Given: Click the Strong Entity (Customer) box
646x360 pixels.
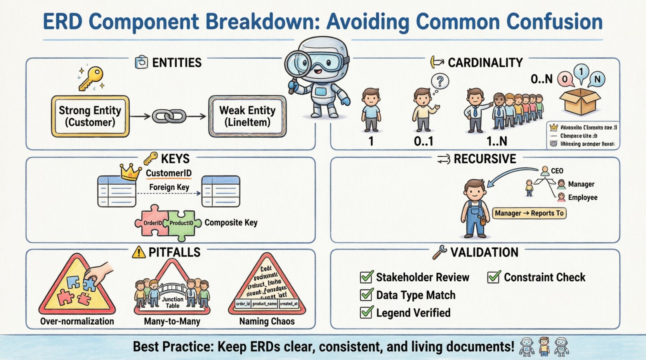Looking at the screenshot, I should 90,116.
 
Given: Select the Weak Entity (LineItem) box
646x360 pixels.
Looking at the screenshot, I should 247,116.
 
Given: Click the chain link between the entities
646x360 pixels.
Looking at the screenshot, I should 169,116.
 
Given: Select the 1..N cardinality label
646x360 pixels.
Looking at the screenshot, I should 497,141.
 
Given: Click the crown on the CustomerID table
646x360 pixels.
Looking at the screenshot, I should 130,172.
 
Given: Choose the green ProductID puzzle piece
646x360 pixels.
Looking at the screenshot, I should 181,223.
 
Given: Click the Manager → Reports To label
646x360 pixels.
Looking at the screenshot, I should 529,213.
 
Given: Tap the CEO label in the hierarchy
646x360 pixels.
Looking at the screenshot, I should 557,171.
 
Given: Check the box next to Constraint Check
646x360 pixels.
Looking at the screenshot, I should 494,277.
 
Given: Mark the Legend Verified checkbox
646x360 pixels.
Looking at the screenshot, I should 366,312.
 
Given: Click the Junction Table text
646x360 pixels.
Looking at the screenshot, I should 172,302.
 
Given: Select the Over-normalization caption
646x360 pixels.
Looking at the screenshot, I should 77,321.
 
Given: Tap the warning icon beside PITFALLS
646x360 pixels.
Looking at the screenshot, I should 139,253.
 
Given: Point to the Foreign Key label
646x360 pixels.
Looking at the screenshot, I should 169,187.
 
